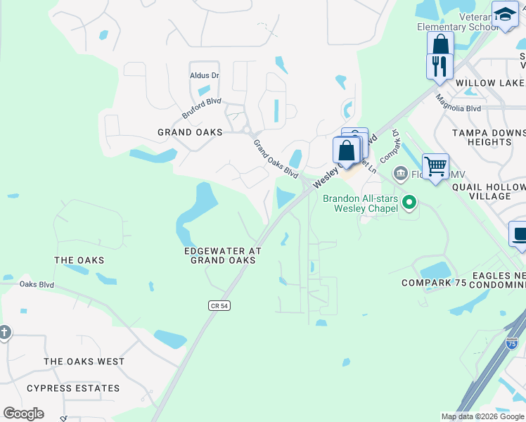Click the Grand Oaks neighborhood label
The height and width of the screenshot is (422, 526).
tap(190, 132)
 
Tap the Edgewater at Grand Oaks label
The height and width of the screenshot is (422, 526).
tap(222, 255)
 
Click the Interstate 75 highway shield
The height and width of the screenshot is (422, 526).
tap(511, 344)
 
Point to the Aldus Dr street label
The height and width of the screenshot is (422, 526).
tap(205, 75)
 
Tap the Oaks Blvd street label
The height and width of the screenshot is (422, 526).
tap(37, 284)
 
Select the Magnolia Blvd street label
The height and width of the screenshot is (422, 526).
tap(458, 104)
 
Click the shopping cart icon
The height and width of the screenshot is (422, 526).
tap(435, 167)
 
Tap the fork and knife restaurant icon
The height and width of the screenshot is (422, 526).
tap(440, 66)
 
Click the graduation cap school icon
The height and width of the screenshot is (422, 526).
tap(504, 14)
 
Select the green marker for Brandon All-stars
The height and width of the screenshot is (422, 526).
tap(409, 203)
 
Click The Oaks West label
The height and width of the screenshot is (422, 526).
tap(84, 362)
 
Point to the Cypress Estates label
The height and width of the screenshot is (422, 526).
tap(73, 388)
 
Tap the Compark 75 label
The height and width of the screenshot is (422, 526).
tap(434, 283)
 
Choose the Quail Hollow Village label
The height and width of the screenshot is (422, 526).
tap(489, 192)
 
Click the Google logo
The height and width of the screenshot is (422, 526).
tap(23, 414)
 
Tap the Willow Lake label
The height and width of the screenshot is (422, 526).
tap(489, 83)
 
